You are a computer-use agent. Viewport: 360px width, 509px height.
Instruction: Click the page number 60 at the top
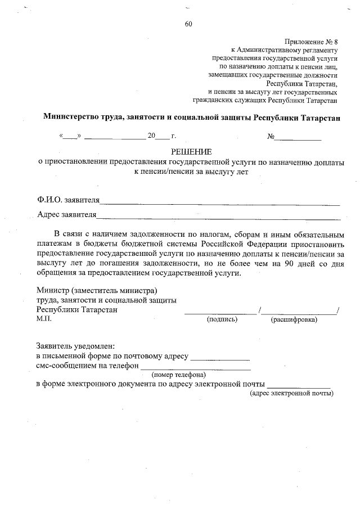[x=188, y=24]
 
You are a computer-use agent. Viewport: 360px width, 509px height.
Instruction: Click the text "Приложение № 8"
[x=310, y=42]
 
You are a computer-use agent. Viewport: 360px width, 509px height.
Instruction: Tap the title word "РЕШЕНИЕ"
[x=191, y=152]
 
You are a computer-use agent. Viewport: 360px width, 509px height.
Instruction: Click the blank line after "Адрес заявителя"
[x=219, y=215]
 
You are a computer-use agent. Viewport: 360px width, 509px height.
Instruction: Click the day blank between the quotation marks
[x=70, y=137]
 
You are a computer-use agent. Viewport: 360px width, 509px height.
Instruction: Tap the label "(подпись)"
[x=222, y=319]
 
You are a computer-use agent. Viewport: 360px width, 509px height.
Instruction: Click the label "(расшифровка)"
[x=294, y=319]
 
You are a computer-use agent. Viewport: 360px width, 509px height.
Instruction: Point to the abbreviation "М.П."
[x=44, y=319]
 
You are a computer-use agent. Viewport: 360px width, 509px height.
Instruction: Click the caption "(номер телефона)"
[x=178, y=375]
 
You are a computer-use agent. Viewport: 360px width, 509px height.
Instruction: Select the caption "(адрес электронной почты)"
[x=291, y=393]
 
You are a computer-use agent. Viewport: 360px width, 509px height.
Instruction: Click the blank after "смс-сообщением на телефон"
[x=195, y=366]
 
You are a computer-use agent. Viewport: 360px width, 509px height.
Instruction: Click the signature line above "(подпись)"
[x=220, y=311]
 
